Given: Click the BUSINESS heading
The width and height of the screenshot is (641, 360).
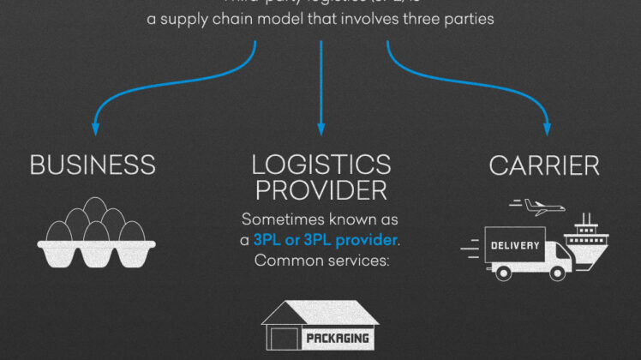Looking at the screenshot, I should [x=93, y=165].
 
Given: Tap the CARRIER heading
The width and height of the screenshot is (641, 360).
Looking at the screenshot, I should [x=544, y=165].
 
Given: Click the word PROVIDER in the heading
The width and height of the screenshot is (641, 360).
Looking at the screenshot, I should [x=321, y=189].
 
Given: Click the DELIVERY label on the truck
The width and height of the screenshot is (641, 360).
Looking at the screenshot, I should [x=514, y=246].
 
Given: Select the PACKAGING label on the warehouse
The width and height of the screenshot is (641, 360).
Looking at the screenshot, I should [x=338, y=339].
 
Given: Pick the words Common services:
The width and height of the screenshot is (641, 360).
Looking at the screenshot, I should [x=321, y=258].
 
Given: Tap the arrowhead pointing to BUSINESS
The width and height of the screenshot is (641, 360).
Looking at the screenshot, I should [x=95, y=129].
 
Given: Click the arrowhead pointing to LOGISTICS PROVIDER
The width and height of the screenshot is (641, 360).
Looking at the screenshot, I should [x=321, y=129].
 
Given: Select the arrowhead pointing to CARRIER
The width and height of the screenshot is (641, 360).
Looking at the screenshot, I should [x=547, y=129].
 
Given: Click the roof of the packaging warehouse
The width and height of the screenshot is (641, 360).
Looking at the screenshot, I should [x=319, y=310].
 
